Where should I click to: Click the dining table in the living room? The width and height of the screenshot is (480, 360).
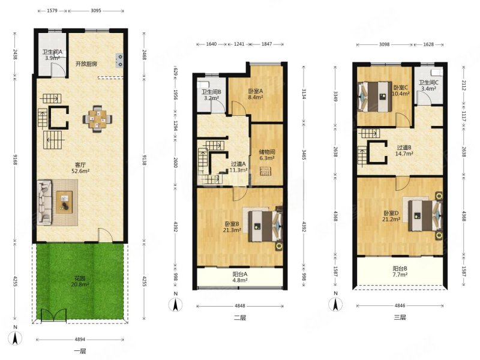(97, 119)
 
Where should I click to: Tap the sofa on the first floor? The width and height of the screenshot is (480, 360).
(44, 202)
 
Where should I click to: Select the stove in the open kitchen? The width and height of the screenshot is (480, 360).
(119, 61)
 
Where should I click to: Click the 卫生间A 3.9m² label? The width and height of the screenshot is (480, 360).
(52, 55)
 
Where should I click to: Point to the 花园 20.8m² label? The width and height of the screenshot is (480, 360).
(80, 281)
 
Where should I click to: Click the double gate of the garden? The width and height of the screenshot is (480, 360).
(53, 314)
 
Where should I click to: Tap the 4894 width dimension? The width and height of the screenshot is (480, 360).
(80, 339)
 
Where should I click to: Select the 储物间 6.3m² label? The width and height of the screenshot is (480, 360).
(267, 155)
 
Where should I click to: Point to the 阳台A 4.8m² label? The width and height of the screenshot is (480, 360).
(240, 277)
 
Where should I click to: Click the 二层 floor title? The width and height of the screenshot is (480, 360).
(240, 318)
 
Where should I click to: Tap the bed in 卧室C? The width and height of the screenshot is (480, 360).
(376, 97)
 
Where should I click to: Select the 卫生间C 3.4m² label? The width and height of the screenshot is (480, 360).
(428, 85)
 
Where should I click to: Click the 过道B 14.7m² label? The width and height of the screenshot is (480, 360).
(404, 151)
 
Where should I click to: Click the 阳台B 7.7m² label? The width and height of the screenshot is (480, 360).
(400, 272)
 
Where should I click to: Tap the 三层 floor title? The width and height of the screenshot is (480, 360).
(400, 317)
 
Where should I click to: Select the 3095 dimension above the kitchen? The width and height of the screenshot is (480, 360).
(96, 11)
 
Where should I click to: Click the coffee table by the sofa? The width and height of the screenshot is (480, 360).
(64, 202)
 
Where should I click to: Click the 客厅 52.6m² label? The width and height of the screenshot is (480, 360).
(80, 168)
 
